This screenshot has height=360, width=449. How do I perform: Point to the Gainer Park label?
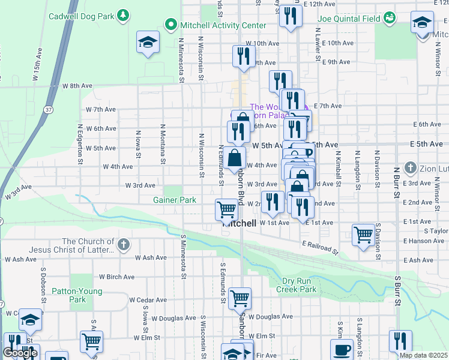click(x=175, y=200)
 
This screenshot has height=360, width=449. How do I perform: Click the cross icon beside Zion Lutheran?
click(x=410, y=166)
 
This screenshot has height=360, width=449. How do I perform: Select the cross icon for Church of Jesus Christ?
click(x=123, y=244)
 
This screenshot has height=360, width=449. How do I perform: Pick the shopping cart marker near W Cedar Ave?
click(x=240, y=297)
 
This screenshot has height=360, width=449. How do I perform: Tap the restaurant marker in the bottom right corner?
click(x=400, y=340)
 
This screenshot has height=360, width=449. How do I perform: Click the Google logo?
click(x=20, y=353)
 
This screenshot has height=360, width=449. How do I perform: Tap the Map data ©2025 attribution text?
click(x=423, y=355)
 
